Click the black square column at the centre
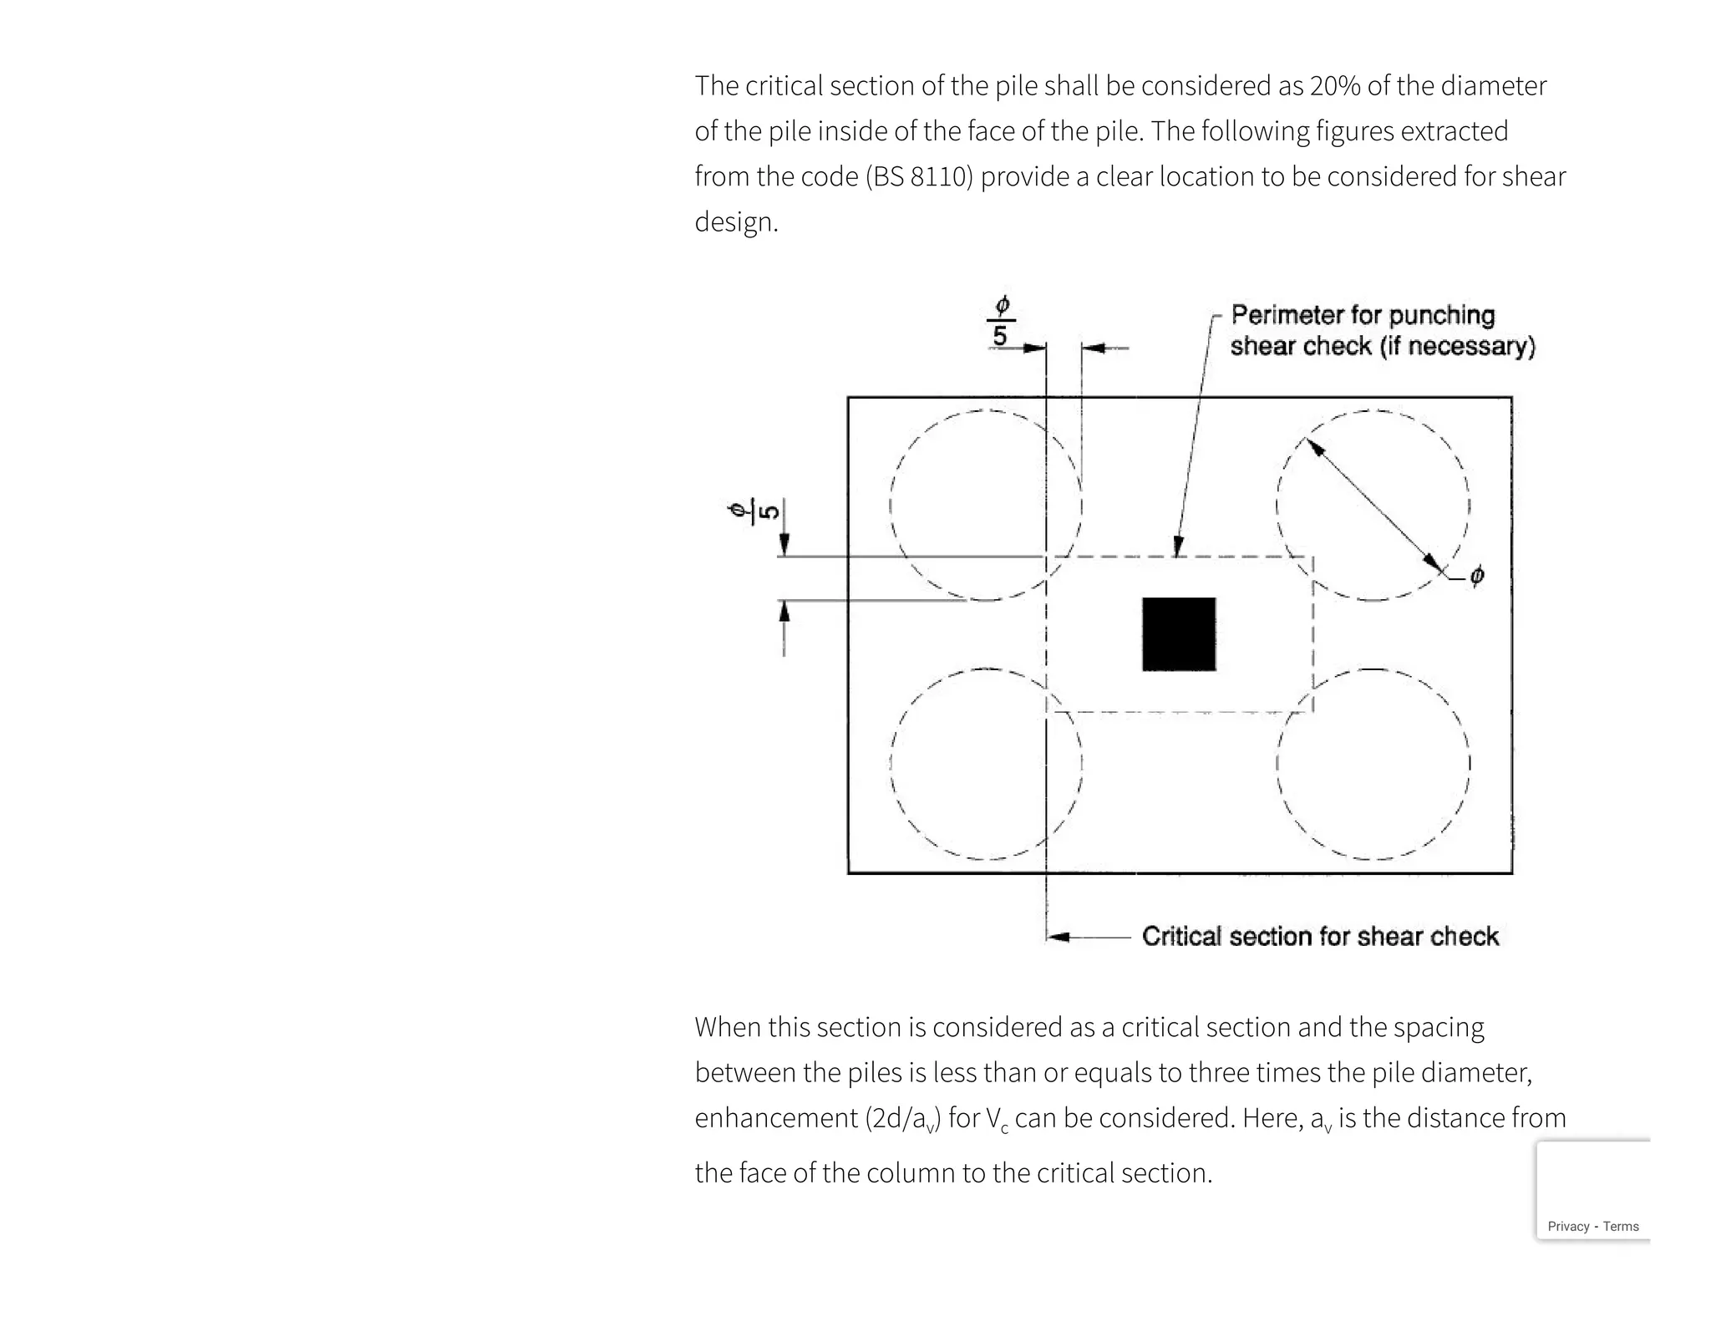click(1179, 633)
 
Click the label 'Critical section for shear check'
click(1320, 937)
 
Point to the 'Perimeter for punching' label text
click(1363, 315)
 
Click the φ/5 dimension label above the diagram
click(1001, 320)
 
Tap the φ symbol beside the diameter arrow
click(1477, 576)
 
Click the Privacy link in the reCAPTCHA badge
click(1568, 1227)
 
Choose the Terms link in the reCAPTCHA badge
click(1621, 1227)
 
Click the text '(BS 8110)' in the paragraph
click(920, 177)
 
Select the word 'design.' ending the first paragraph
click(736, 222)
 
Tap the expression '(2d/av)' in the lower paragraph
click(902, 1119)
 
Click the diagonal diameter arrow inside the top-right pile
click(1374, 506)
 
